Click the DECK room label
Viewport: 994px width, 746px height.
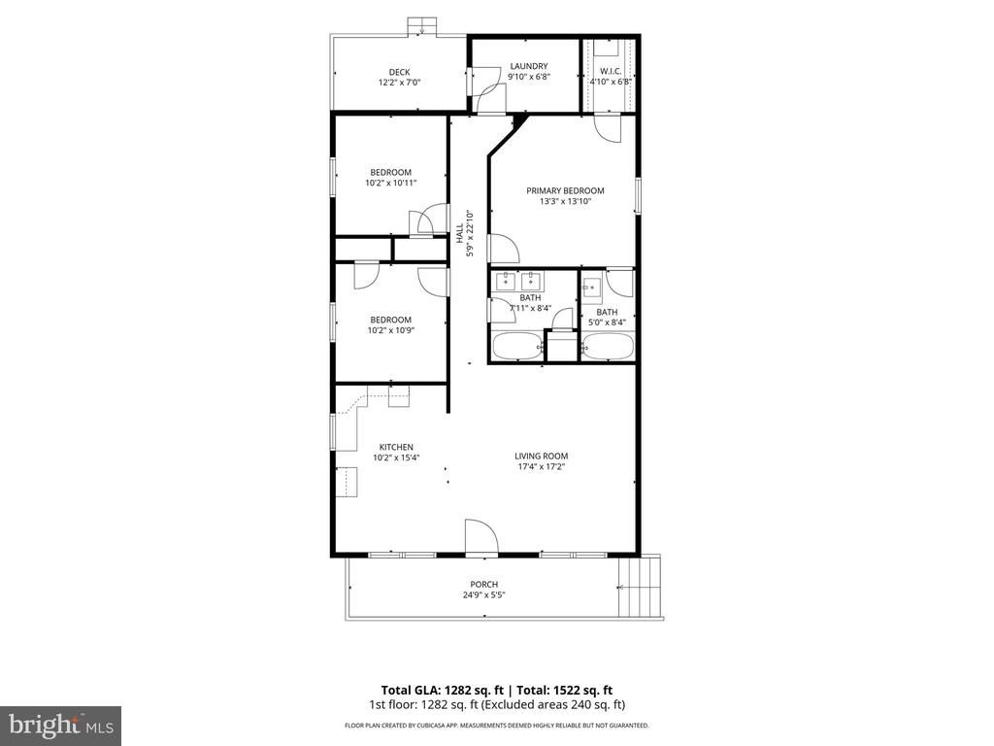[x=399, y=72]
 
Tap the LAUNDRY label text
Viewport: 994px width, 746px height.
[x=528, y=66]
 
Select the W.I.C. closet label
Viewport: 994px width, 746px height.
[x=611, y=71]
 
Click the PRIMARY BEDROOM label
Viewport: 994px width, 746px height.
[x=565, y=190]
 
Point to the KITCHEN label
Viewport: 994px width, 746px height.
[x=396, y=447]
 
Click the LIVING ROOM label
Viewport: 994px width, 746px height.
[x=541, y=456]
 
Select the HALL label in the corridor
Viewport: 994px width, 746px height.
[x=459, y=233]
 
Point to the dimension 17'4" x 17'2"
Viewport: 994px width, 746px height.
[x=541, y=466]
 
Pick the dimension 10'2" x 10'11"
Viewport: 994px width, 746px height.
[x=390, y=183]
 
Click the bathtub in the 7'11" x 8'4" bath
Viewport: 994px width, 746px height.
[x=515, y=346]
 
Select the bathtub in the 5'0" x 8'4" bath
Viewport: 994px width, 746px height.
[x=608, y=347]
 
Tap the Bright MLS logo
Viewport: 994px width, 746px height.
[x=60, y=725]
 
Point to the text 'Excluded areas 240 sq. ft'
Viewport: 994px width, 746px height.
[x=566, y=704]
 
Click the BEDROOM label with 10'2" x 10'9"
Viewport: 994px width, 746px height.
[x=390, y=320]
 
